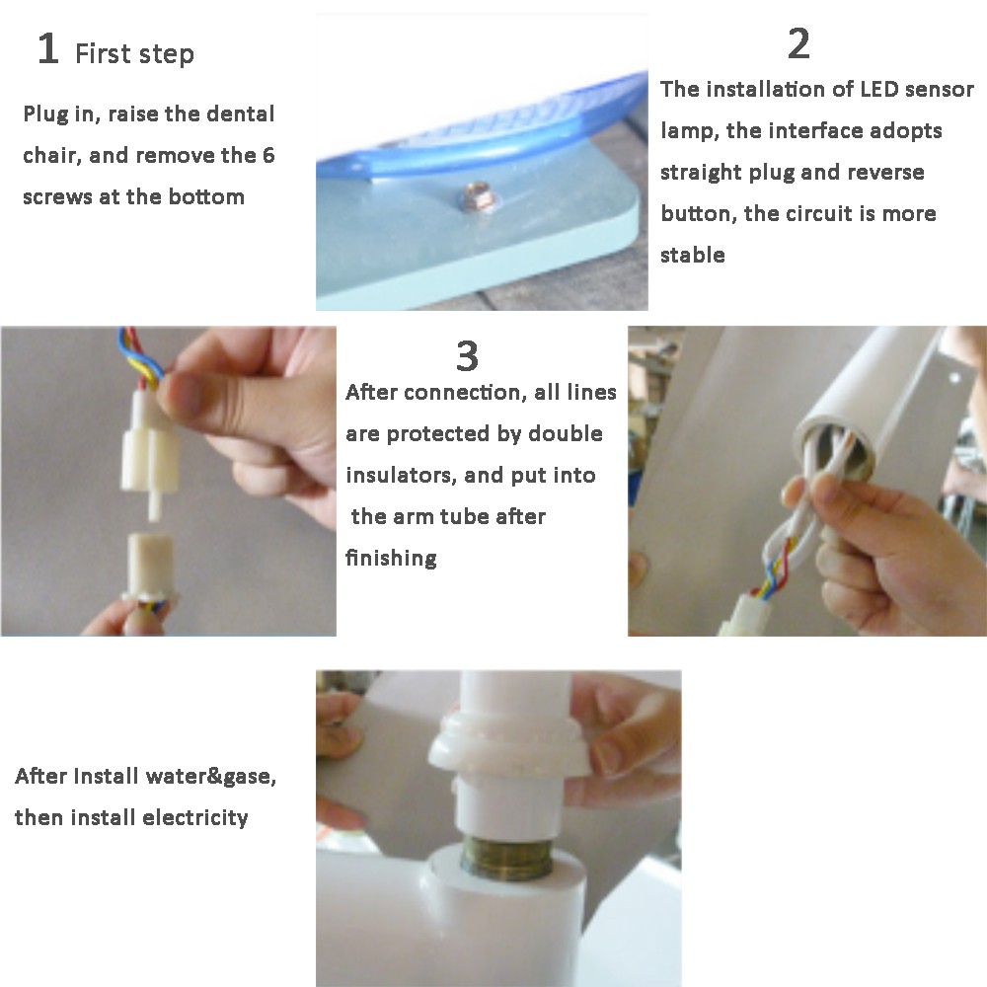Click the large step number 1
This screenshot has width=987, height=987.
48,48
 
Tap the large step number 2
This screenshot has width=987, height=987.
798,44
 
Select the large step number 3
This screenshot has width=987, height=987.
467,356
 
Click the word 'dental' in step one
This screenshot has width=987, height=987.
241,114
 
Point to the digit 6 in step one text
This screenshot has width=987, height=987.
268,156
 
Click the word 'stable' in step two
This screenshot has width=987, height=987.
693,255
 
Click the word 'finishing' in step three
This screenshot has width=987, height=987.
391,559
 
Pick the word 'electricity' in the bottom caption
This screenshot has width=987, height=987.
195,817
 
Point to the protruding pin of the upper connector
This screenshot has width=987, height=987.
154,504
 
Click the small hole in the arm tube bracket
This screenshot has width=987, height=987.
955,378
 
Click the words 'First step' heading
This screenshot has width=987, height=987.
134,53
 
